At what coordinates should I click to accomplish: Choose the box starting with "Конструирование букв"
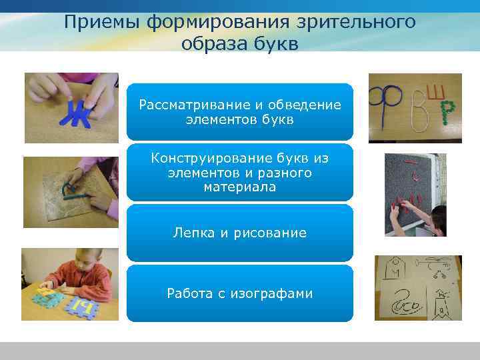point(239,173)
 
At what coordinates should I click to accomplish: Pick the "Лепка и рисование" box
point(239,233)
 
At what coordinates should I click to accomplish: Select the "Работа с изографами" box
point(239,293)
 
